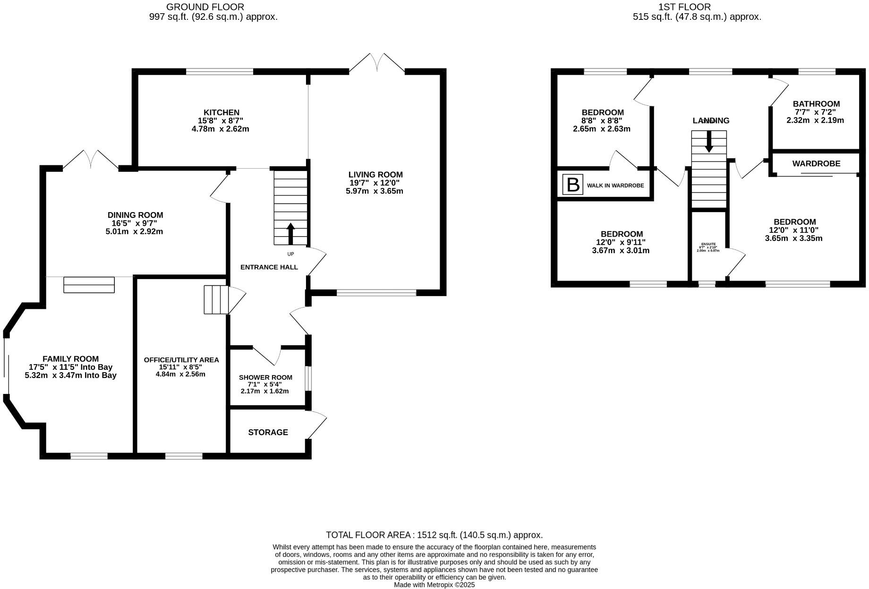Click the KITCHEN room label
222,112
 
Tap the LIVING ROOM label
375,175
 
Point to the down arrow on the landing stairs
709,142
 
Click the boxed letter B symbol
573,185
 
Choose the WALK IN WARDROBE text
615,186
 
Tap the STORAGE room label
268,432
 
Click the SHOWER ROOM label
265,377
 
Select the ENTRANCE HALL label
269,267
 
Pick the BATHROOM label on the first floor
816,104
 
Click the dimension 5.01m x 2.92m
134,231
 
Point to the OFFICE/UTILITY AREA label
181,360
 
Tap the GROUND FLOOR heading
205,7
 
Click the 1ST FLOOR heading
684,7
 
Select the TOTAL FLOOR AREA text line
434,535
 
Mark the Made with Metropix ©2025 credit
434,585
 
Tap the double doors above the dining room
91,160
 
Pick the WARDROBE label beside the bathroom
816,164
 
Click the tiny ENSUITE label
708,244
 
